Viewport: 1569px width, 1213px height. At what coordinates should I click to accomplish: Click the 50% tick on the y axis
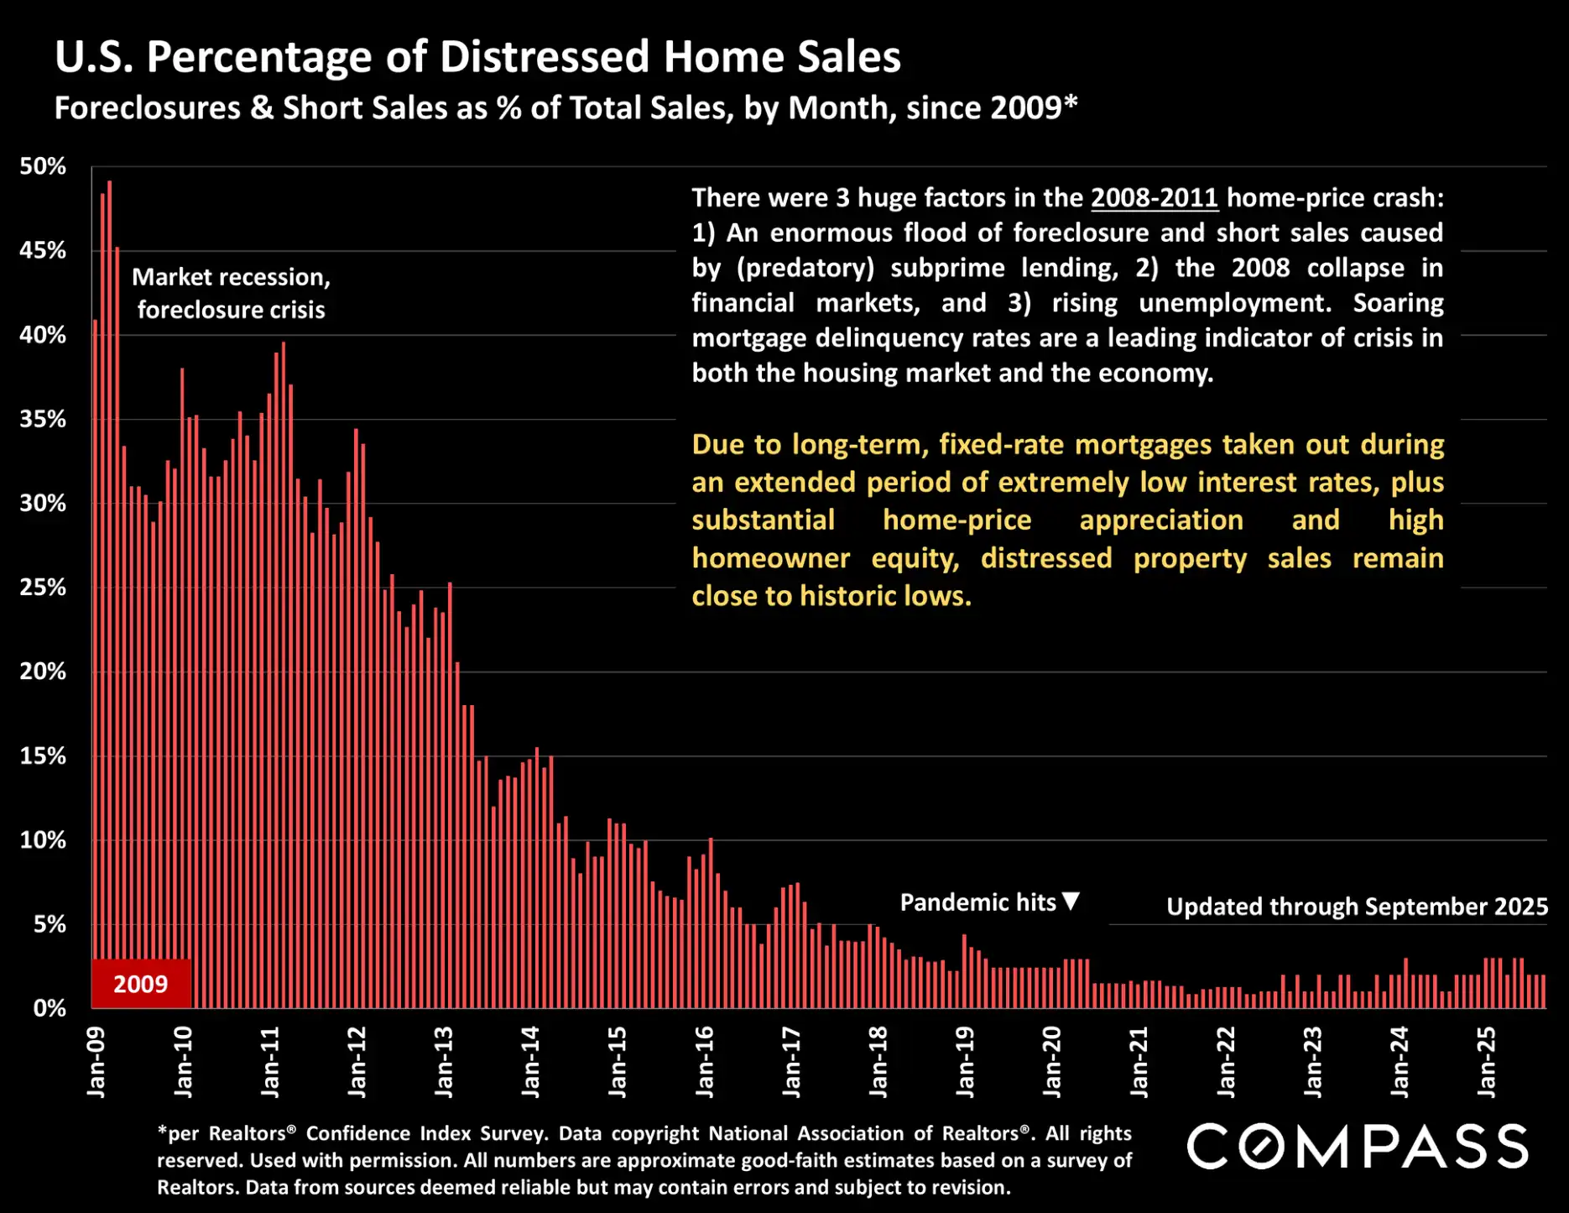pyautogui.click(x=43, y=166)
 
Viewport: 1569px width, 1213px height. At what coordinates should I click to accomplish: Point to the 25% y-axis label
pyautogui.click(x=43, y=588)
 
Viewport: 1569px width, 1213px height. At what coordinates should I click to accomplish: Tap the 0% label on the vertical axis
pyautogui.click(x=50, y=1008)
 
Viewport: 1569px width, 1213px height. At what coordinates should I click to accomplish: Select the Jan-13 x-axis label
pyautogui.click(x=443, y=1062)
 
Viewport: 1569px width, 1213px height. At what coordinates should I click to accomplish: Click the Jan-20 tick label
pyautogui.click(x=1051, y=1062)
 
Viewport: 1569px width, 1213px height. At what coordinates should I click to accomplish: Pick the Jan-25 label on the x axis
pyautogui.click(x=1486, y=1062)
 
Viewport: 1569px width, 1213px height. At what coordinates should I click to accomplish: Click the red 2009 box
pyautogui.click(x=141, y=984)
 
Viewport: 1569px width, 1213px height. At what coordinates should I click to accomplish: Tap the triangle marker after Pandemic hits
pyautogui.click(x=1071, y=902)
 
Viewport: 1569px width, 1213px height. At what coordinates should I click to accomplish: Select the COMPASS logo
pyautogui.click(x=1358, y=1147)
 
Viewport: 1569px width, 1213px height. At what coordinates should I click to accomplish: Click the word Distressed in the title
pyautogui.click(x=545, y=57)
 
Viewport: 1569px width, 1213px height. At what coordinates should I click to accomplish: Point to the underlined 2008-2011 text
pyautogui.click(x=1154, y=197)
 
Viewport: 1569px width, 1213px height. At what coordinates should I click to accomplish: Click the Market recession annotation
pyautogui.click(x=231, y=293)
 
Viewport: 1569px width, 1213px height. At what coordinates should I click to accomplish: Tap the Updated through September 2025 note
pyautogui.click(x=1357, y=907)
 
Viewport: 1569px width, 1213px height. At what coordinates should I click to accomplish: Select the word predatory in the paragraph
pyautogui.click(x=805, y=268)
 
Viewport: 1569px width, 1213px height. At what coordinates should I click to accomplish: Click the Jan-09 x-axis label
pyautogui.click(x=96, y=1062)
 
